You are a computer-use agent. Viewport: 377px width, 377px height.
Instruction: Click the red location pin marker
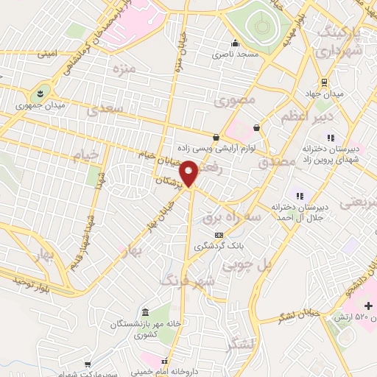pyautogui.click(x=189, y=172)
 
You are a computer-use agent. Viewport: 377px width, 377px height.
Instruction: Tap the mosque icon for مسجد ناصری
pyautogui.click(x=235, y=42)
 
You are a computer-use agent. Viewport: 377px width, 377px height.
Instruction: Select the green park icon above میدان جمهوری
pyautogui.click(x=37, y=94)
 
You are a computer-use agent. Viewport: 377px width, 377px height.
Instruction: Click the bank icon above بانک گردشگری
pyautogui.click(x=218, y=234)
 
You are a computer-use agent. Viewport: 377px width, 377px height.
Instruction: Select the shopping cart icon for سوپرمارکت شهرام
pyautogui.click(x=88, y=364)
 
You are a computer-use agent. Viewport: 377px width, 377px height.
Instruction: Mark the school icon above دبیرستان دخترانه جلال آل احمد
pyautogui.click(x=299, y=195)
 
